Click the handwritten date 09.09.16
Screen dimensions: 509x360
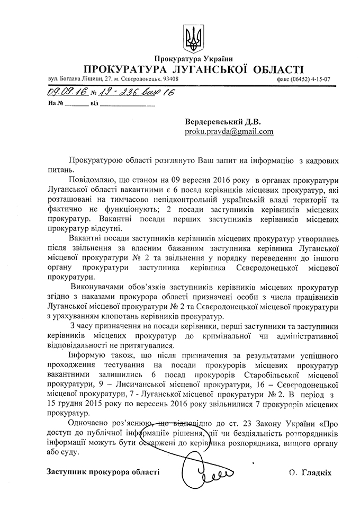62,92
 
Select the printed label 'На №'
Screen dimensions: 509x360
56,103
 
